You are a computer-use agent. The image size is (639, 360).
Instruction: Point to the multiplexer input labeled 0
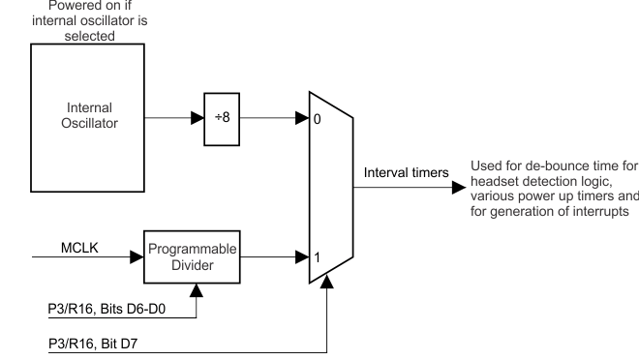click(316, 120)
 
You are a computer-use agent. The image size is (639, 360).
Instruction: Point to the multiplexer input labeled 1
click(316, 258)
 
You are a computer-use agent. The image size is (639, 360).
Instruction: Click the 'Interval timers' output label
click(406, 172)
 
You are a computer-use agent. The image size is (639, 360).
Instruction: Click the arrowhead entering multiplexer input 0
click(300, 119)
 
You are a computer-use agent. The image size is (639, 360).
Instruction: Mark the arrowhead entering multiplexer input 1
click(300, 257)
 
